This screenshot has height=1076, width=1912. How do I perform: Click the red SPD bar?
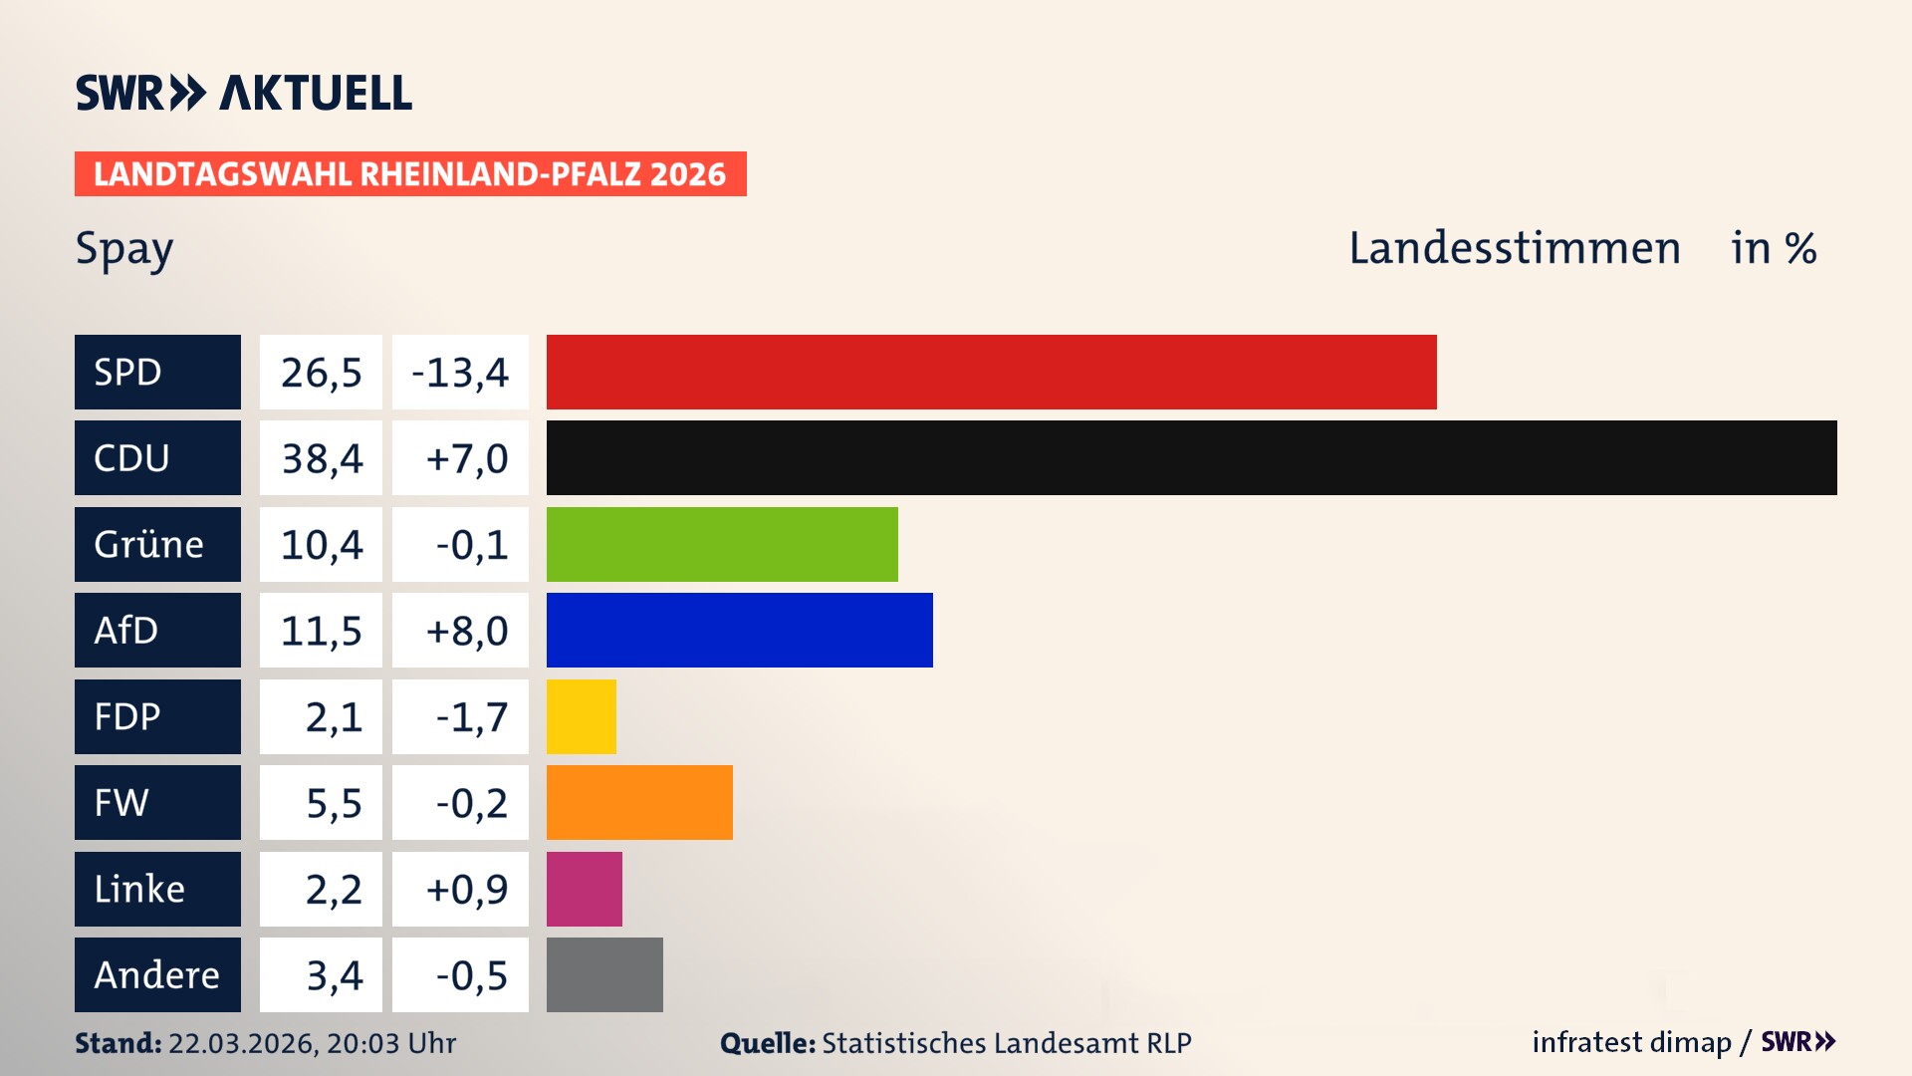click(991, 372)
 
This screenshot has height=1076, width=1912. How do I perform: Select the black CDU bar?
click(1191, 457)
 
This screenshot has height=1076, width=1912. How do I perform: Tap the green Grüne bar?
click(722, 544)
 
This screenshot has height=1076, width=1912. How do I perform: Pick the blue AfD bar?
click(739, 630)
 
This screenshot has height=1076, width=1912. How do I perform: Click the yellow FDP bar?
click(581, 716)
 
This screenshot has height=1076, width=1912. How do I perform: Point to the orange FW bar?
click(639, 802)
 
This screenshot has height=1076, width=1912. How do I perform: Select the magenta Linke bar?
click(584, 889)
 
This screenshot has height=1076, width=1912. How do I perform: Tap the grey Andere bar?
click(604, 974)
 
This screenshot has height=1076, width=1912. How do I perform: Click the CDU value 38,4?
click(321, 458)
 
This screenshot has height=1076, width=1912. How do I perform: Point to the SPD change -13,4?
click(460, 373)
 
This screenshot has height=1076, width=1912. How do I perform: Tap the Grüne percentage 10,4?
click(321, 545)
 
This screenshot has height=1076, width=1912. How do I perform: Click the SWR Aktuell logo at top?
click(244, 93)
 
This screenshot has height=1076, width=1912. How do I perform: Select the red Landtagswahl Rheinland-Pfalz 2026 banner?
click(410, 173)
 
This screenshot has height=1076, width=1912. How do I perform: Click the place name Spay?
click(124, 249)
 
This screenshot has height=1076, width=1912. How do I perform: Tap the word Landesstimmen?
click(1514, 248)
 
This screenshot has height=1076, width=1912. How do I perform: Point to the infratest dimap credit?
click(1631, 1042)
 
